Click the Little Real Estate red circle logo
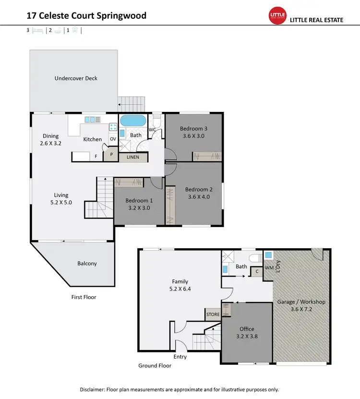click(x=277, y=16)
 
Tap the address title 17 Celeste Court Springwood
click(x=86, y=16)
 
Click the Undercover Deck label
click(x=76, y=78)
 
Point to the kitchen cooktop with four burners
click(x=113, y=127)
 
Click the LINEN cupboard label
click(x=133, y=157)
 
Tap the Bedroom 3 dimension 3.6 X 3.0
click(x=193, y=136)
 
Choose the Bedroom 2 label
click(x=199, y=189)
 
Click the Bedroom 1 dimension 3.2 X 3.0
click(x=139, y=208)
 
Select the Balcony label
click(x=87, y=263)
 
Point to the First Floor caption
click(x=84, y=297)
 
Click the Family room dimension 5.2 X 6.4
click(x=180, y=289)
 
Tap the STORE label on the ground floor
click(x=213, y=314)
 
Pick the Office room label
click(x=247, y=329)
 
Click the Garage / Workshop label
click(x=301, y=302)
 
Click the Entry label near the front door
click(x=180, y=357)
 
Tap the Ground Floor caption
click(x=155, y=365)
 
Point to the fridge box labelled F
click(x=96, y=157)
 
